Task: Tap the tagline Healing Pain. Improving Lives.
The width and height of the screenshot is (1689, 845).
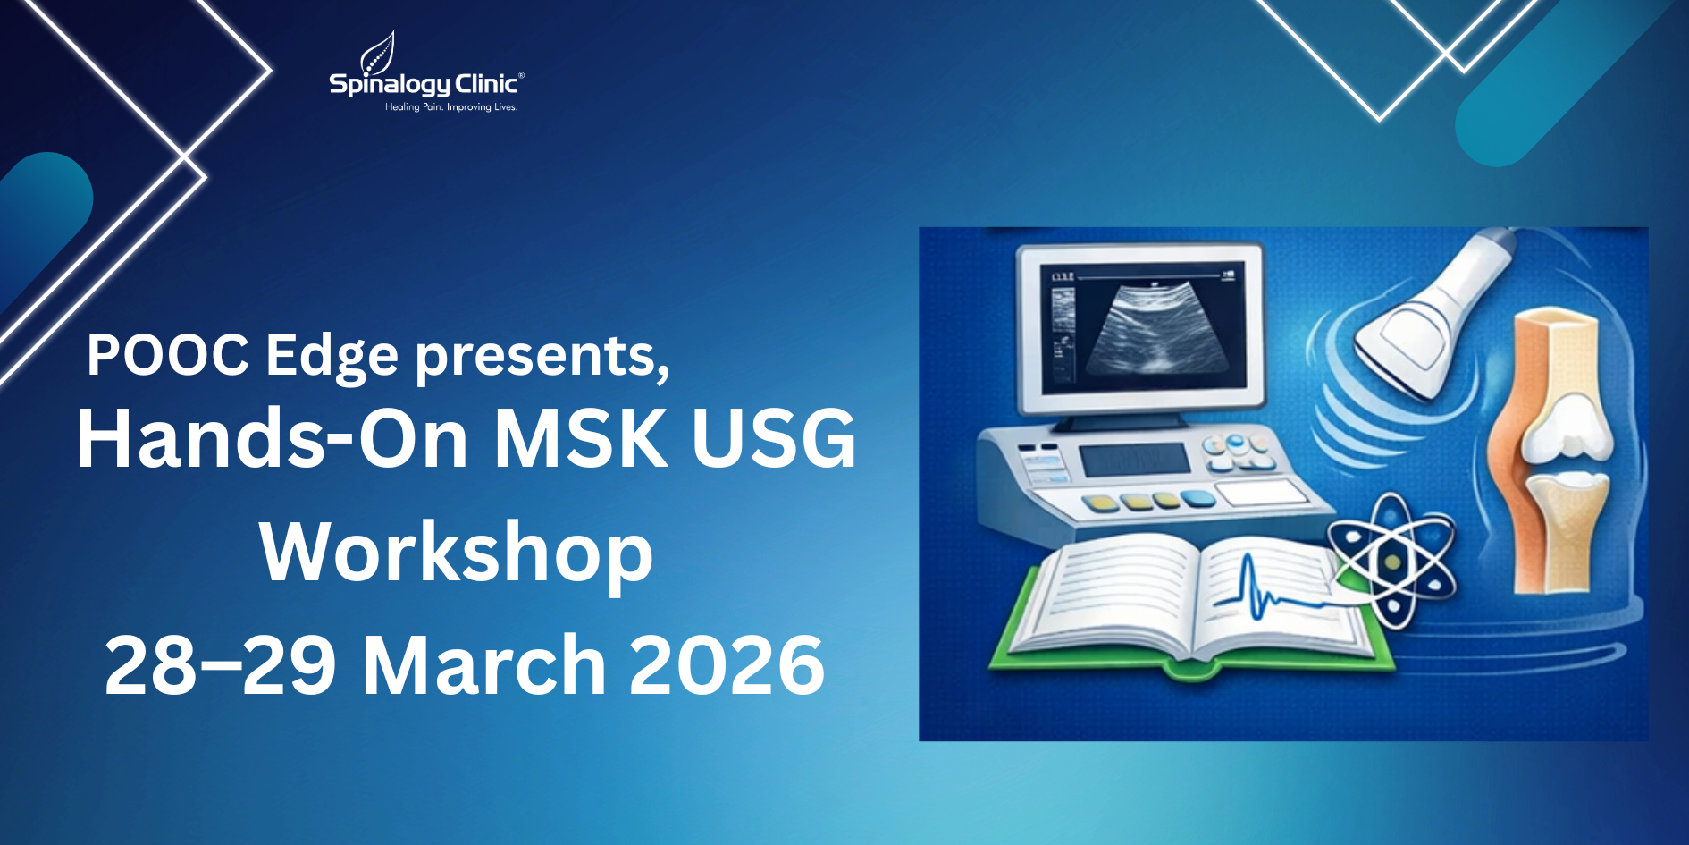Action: [x=451, y=107]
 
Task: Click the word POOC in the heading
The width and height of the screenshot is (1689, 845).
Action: [x=167, y=356]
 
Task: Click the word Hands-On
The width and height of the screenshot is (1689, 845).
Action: [x=272, y=438]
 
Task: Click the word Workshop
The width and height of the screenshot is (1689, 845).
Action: [x=456, y=553]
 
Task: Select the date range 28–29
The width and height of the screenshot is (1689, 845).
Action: [x=220, y=665]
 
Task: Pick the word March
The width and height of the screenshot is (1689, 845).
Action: [x=484, y=665]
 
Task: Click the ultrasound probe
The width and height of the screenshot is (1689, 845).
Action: [x=1430, y=313]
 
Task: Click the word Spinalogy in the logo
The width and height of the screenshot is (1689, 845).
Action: [x=390, y=85]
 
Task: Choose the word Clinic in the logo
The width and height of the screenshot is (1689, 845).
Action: [x=486, y=84]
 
